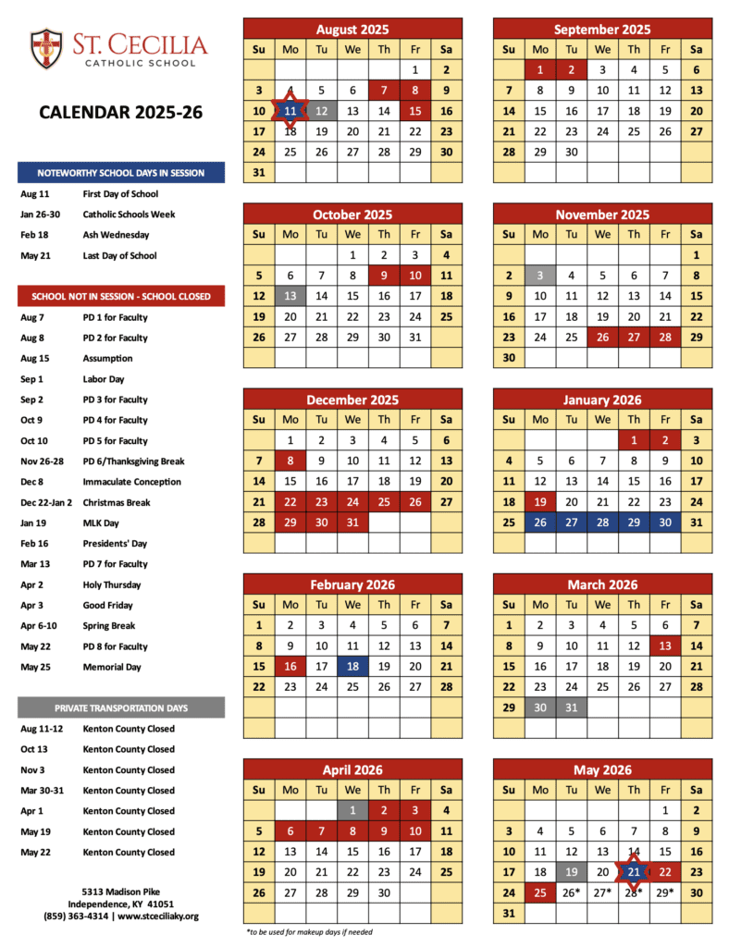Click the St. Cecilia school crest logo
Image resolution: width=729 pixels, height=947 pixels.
(x=46, y=48)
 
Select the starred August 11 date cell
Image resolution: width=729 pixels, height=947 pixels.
(x=290, y=111)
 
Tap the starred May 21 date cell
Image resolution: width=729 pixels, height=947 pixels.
(x=634, y=872)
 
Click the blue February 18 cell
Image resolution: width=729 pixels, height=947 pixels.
(x=352, y=666)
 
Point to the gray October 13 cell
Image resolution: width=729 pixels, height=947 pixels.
(x=290, y=296)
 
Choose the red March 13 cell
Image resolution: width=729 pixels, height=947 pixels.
(x=664, y=646)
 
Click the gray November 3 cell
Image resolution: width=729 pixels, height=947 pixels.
(x=540, y=276)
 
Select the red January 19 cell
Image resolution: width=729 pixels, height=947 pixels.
(x=540, y=502)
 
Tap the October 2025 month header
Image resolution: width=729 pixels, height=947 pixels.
(x=352, y=215)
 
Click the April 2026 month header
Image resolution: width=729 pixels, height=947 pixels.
(x=352, y=769)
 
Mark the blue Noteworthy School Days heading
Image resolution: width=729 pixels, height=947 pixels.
(x=121, y=173)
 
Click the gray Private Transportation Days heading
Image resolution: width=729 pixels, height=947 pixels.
(x=121, y=708)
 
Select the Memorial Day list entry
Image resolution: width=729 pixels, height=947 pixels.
(x=111, y=667)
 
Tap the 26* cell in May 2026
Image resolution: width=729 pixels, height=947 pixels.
(x=572, y=892)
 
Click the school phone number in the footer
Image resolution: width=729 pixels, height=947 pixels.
(x=75, y=916)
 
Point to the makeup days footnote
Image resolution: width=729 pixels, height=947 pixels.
(x=310, y=931)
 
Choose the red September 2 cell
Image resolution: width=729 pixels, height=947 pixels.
(x=572, y=69)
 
